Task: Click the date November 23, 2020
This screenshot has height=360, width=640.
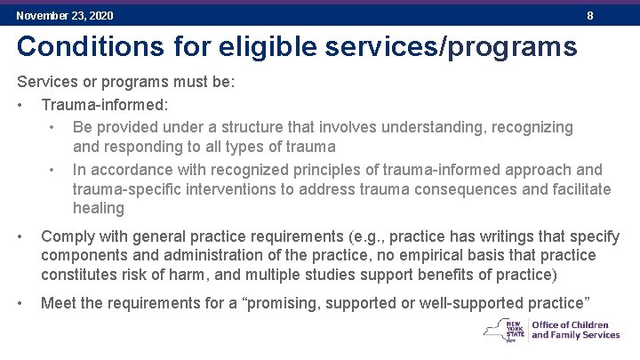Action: (x=65, y=16)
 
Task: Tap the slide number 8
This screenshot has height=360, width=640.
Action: (x=590, y=16)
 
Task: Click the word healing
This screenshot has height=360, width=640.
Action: (x=99, y=208)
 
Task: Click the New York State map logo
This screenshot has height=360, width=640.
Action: (x=504, y=331)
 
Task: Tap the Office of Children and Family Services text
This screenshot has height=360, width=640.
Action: (x=575, y=330)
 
